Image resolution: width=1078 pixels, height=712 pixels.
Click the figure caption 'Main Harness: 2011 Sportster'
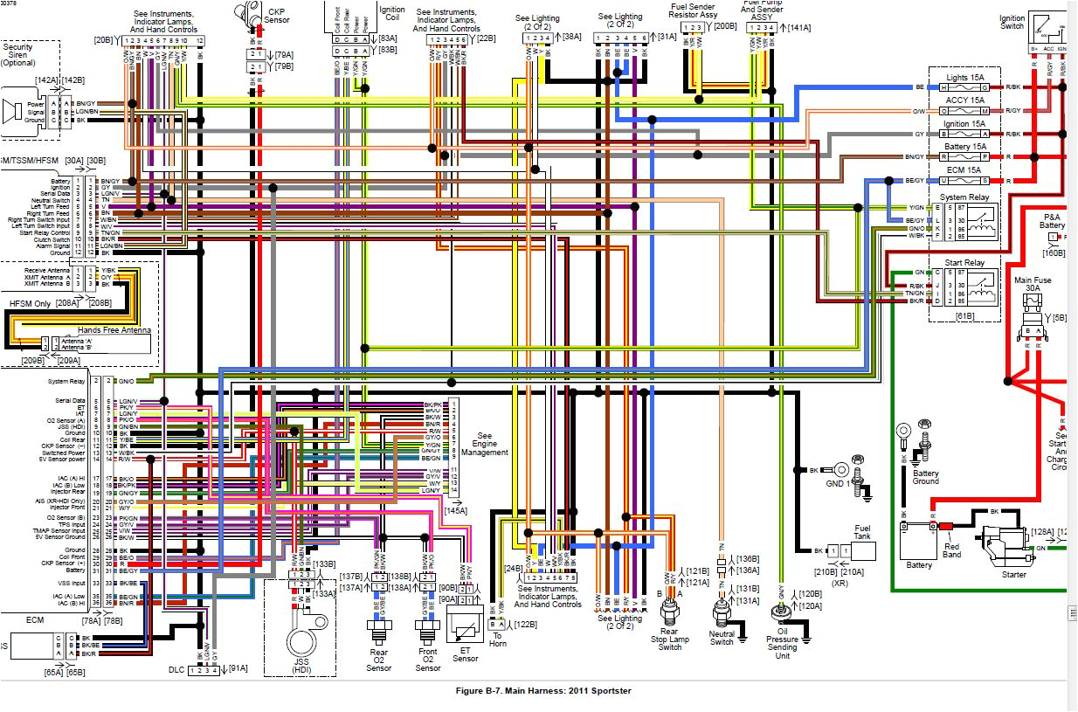point(542,691)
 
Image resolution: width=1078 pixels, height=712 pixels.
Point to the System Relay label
point(964,198)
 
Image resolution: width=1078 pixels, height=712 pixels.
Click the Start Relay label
point(964,263)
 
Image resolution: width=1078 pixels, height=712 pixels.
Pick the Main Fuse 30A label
point(1034,285)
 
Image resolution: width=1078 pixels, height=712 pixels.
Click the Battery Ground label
point(925,476)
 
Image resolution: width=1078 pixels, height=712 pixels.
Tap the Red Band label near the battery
point(952,550)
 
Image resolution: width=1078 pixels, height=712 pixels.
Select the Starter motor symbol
point(1001,545)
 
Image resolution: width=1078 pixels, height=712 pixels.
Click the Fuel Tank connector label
point(861,533)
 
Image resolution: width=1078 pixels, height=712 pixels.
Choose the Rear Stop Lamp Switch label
point(670,639)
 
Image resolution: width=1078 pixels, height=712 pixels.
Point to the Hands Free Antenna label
point(114,331)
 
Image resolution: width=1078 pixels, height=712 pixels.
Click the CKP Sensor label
point(277,15)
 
